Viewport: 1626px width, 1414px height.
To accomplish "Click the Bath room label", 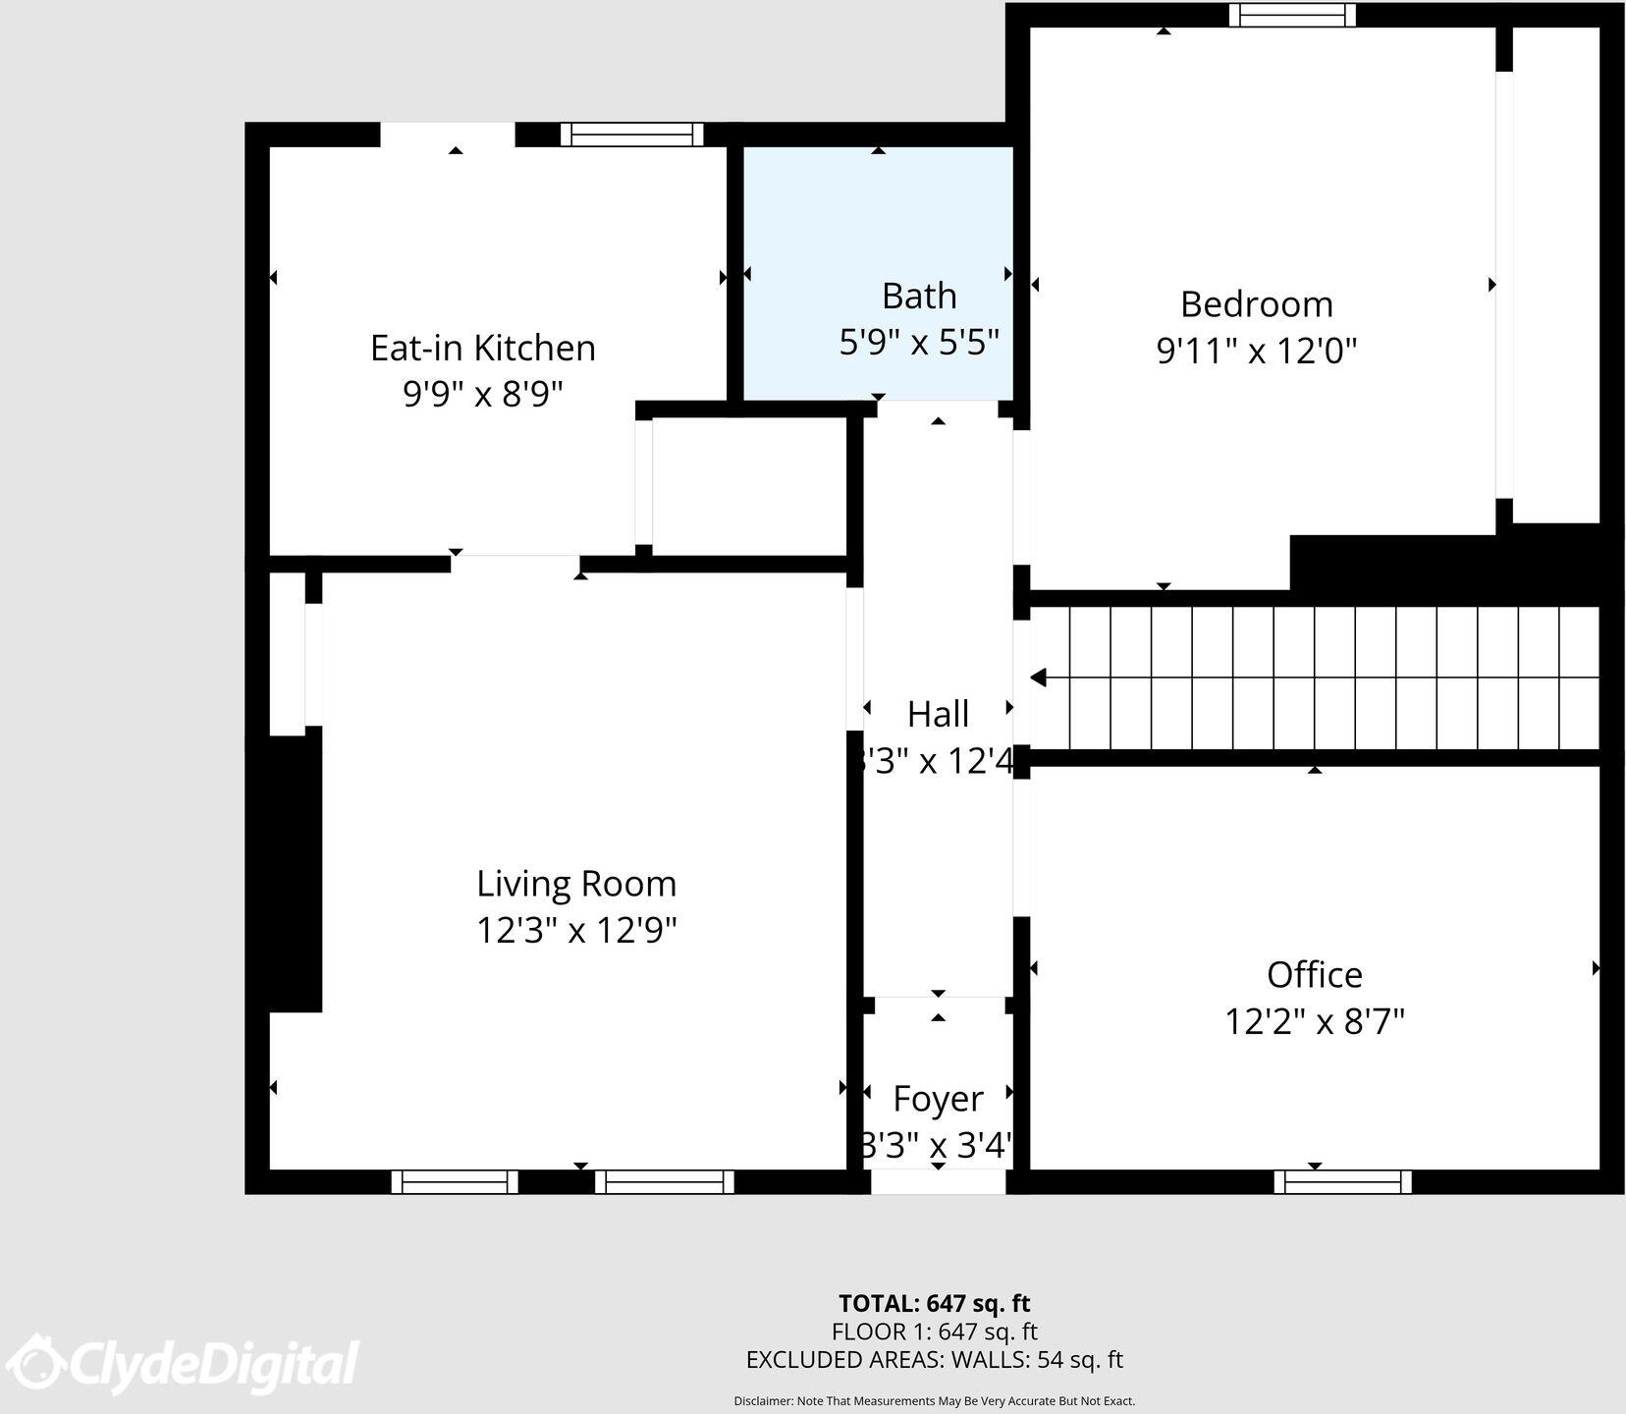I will pos(918,296).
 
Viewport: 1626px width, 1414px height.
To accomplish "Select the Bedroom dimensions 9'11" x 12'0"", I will pos(1256,351).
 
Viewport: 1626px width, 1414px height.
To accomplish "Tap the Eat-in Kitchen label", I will pos(482,348).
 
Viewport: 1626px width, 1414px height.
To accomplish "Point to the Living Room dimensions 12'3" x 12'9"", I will pos(576,930).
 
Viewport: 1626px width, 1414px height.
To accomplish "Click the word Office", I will pos(1314,975).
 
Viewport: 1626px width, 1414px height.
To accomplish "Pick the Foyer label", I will pos(938,1099).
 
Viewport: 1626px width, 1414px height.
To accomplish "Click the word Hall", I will pos(938,714).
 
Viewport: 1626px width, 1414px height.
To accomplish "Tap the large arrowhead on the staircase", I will pos(1038,678).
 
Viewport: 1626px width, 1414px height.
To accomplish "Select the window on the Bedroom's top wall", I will pos(1292,15).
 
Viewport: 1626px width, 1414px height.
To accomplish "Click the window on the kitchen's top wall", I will pos(631,135).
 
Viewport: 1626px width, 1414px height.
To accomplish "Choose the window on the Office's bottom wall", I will pos(1342,1181).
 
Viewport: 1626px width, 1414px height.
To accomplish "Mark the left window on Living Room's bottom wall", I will pos(455,1181).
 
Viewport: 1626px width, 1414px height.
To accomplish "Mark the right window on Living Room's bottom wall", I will pos(665,1181).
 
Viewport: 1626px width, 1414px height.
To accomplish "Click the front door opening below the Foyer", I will pos(938,1181).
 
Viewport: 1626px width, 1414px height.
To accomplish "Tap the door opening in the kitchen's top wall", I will pos(448,135).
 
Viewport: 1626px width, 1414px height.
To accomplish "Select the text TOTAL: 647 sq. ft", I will pos(934,1303).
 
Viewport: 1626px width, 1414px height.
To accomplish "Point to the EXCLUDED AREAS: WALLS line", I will pos(934,1360).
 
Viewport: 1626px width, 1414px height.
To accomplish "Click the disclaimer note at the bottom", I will pos(934,1401).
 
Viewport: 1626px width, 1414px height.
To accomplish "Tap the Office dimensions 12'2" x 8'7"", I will pos(1314,1022).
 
